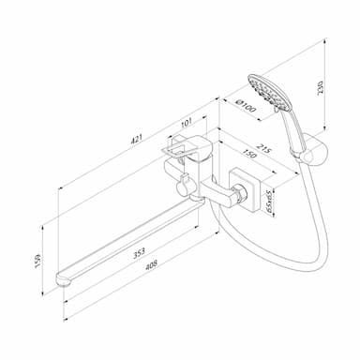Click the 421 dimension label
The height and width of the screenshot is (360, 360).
137,139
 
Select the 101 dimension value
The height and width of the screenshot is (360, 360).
187,122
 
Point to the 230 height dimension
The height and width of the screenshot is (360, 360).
321,88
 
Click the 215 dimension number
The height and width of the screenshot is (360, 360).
264,149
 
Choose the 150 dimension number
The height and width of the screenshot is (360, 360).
249,154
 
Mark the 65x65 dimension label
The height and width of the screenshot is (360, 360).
268,201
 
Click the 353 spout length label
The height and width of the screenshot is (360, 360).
139,253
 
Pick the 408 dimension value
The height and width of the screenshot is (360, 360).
151,265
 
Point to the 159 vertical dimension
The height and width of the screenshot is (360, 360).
38,261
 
